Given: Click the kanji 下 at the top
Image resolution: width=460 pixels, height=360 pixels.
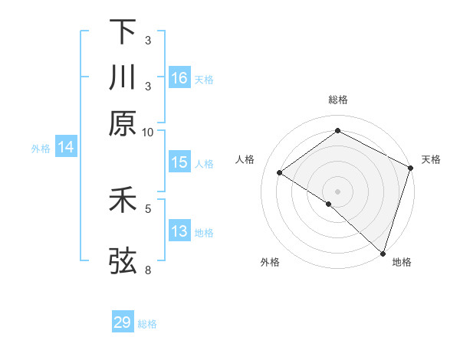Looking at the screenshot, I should pos(123,32).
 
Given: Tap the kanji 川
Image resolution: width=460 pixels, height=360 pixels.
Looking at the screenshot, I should pos(123,77).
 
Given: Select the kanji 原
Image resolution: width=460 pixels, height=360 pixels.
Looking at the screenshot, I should pos(123,123).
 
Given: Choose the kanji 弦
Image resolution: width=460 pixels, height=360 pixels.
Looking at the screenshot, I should pos(123,260).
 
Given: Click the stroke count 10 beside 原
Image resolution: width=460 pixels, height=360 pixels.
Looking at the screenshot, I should pos(148,132).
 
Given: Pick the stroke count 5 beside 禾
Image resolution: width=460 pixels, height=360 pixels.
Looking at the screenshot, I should pos(148,208).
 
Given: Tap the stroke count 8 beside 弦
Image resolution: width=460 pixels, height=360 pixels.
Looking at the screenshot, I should pos(148,270).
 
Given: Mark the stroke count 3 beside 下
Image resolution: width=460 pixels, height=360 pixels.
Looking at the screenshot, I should pos(147,40).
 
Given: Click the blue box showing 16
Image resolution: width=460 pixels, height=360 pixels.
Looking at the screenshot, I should pos(179,77).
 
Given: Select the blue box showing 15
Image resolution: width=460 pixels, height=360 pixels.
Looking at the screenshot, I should pos(179,162).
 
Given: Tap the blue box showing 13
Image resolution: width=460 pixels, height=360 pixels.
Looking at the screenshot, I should pos(179,231).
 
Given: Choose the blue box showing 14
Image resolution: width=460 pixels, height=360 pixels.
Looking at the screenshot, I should pos(65,147).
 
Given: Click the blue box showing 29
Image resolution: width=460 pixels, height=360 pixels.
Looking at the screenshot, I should pos(123,322).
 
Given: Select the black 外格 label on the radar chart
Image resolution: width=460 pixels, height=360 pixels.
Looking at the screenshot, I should pos(270,263).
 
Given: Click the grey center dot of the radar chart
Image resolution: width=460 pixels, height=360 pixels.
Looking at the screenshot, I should pos(338,191).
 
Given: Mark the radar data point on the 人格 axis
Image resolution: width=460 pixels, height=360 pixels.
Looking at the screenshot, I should pos(280,172).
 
